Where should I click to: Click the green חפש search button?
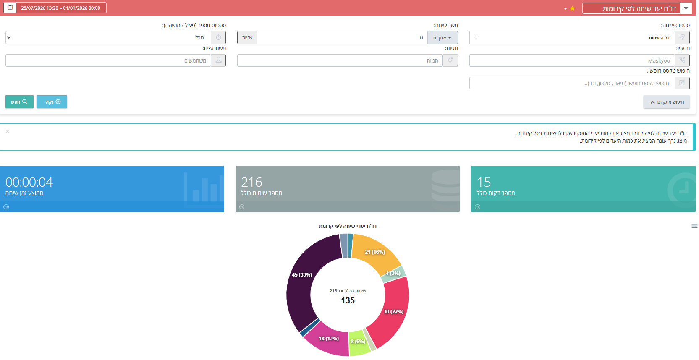pyautogui.click(x=19, y=102)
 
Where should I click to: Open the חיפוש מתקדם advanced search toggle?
pyautogui.click(x=666, y=102)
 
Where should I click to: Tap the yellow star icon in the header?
pyautogui.click(x=572, y=8)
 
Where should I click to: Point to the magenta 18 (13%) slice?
pyautogui.click(x=327, y=340)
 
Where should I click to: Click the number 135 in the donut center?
pyautogui.click(x=348, y=300)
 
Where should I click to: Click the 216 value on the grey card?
pyautogui.click(x=251, y=182)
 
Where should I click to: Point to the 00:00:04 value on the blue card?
pyautogui.click(x=29, y=182)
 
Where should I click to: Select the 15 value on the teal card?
pyautogui.click(x=484, y=182)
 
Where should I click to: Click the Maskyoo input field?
pyautogui.click(x=572, y=60)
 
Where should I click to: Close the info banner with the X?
pyautogui.click(x=8, y=131)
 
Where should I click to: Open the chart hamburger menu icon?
pyautogui.click(x=694, y=226)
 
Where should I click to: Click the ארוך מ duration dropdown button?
pyautogui.click(x=442, y=37)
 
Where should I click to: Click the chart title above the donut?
pyautogui.click(x=348, y=226)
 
